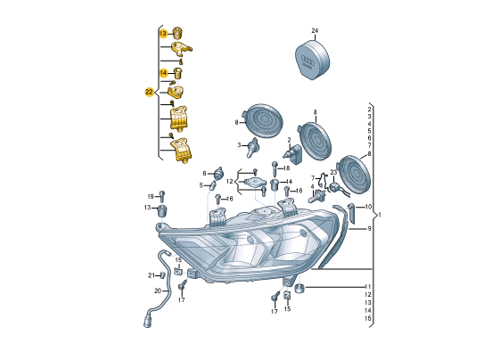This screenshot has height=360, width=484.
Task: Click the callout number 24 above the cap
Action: pos(315,30)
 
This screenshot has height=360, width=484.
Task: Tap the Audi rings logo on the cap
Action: pos(308,60)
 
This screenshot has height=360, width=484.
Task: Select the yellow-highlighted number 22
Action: pos(149,92)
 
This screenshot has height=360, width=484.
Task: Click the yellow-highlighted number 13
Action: pos(163,33)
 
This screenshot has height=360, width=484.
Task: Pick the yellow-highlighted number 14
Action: pos(163,73)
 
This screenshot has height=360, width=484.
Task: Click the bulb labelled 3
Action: pos(252,147)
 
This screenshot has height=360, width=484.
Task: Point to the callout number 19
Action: pos(151,197)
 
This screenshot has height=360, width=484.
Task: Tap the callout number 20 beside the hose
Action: pos(158,290)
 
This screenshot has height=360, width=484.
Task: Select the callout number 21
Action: pos(152,275)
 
